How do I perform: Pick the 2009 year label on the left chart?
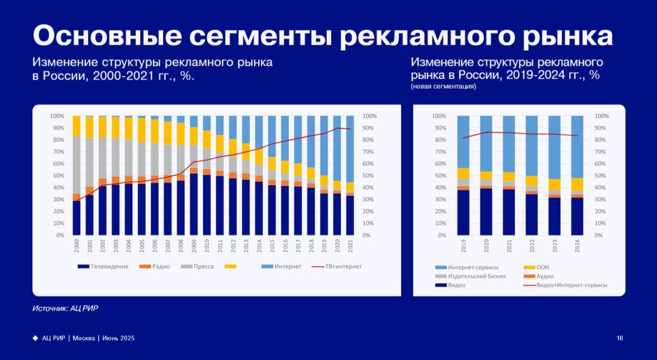click(194, 247)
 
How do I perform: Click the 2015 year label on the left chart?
click(272, 247)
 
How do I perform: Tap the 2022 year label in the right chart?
click(532, 247)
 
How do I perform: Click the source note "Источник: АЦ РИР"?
click(65, 308)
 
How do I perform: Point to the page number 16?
click(620, 338)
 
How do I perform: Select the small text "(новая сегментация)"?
click(444, 87)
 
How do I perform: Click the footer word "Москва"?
click(84, 338)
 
